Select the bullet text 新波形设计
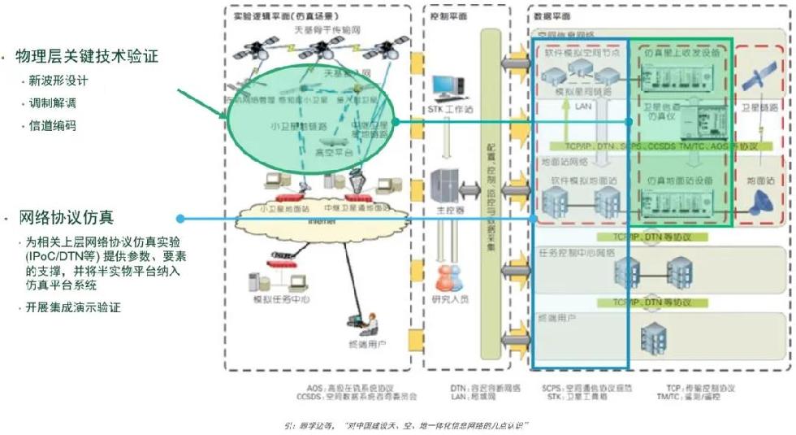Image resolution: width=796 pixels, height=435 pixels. (58, 82)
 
